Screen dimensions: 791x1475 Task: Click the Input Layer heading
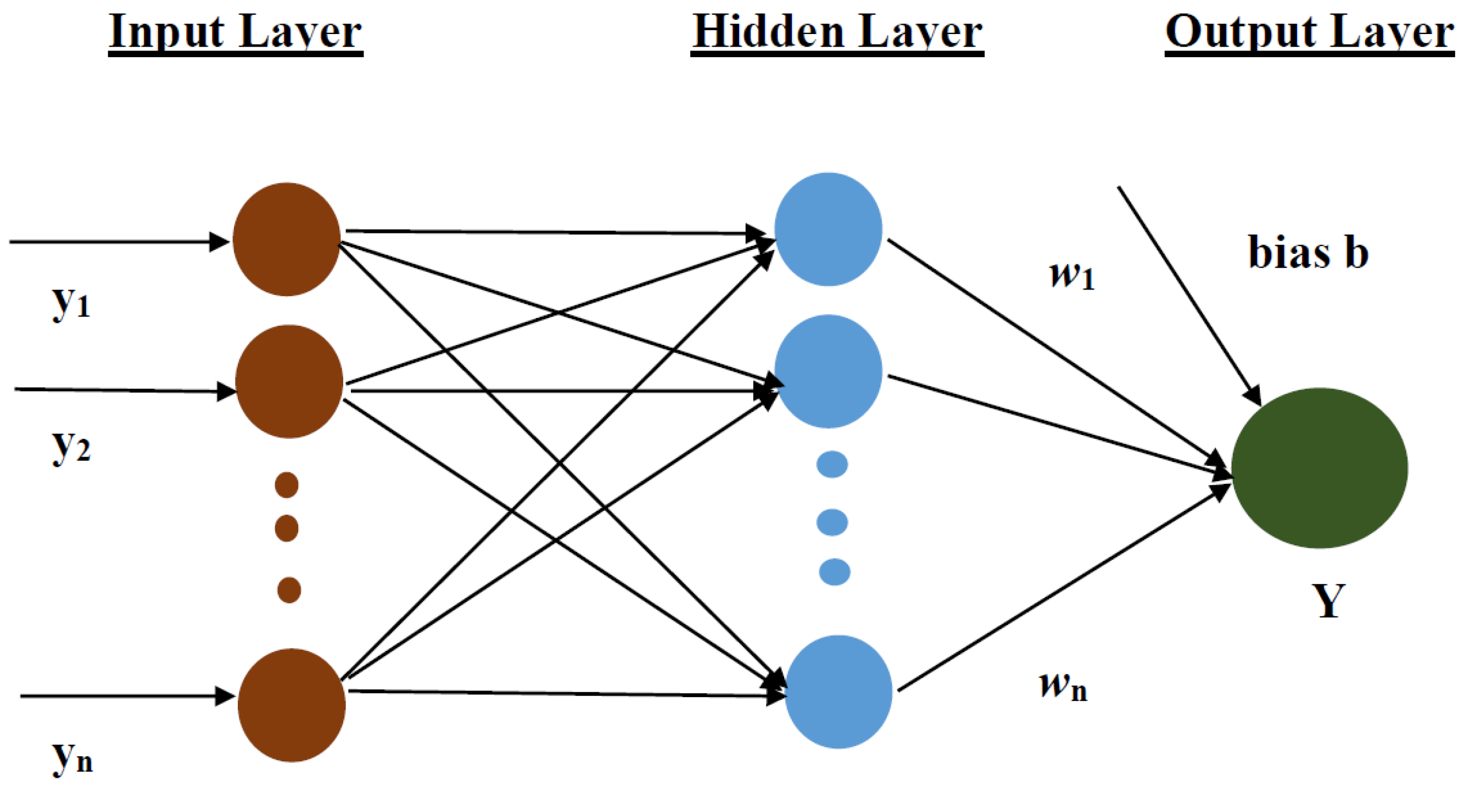pyautogui.click(x=236, y=32)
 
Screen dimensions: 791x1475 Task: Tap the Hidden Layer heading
pyautogui.click(x=836, y=32)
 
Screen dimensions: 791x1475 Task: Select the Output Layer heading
pyautogui.click(x=1309, y=32)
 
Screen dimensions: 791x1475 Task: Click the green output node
pyautogui.click(x=1319, y=468)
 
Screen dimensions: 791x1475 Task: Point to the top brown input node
pyautogui.click(x=286, y=239)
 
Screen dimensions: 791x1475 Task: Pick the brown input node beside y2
pyautogui.click(x=289, y=381)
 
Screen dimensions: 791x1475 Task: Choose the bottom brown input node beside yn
pyautogui.click(x=292, y=705)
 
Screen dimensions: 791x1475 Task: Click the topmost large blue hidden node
pyautogui.click(x=828, y=229)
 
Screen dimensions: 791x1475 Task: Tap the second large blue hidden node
pyautogui.click(x=828, y=371)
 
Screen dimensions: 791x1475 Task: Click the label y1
pyautogui.click(x=71, y=303)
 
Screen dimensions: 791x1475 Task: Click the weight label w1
pyautogui.click(x=1071, y=276)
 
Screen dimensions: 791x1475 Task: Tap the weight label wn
pyautogui.click(x=1063, y=686)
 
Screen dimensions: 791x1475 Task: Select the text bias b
pyautogui.click(x=1308, y=253)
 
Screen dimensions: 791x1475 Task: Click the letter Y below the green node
pyautogui.click(x=1328, y=601)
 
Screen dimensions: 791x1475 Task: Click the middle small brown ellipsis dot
pyautogui.click(x=286, y=527)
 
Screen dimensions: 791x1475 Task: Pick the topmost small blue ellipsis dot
pyautogui.click(x=831, y=464)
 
